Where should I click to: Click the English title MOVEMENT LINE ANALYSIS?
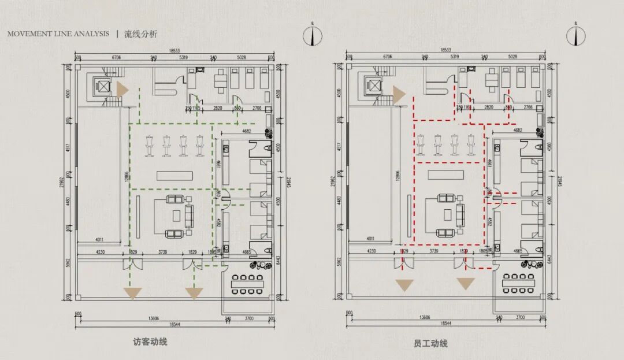coord(58,34)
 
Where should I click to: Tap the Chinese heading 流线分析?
coord(140,34)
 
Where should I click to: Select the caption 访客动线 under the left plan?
coord(150,342)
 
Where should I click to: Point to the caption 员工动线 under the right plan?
coord(430,343)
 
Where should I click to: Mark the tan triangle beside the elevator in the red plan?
coord(399,93)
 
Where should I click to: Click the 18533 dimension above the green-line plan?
coord(173,51)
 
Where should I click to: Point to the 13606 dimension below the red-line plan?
coord(425,317)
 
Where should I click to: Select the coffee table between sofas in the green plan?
coord(176,216)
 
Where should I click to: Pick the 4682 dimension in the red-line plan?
coord(517,131)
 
